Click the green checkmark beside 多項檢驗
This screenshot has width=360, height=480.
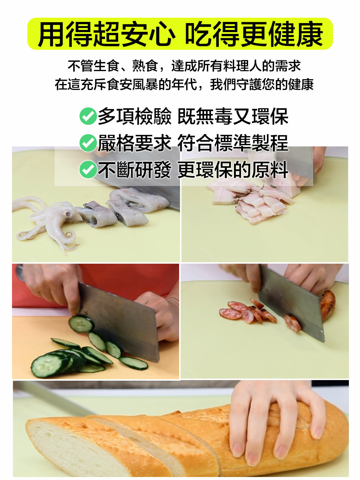88,116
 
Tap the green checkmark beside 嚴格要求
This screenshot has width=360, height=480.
88,143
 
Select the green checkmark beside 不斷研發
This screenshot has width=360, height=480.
88,169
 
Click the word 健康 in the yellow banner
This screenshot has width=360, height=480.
296,34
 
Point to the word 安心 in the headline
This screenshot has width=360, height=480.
148,34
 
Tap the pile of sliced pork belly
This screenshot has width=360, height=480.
251,200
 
